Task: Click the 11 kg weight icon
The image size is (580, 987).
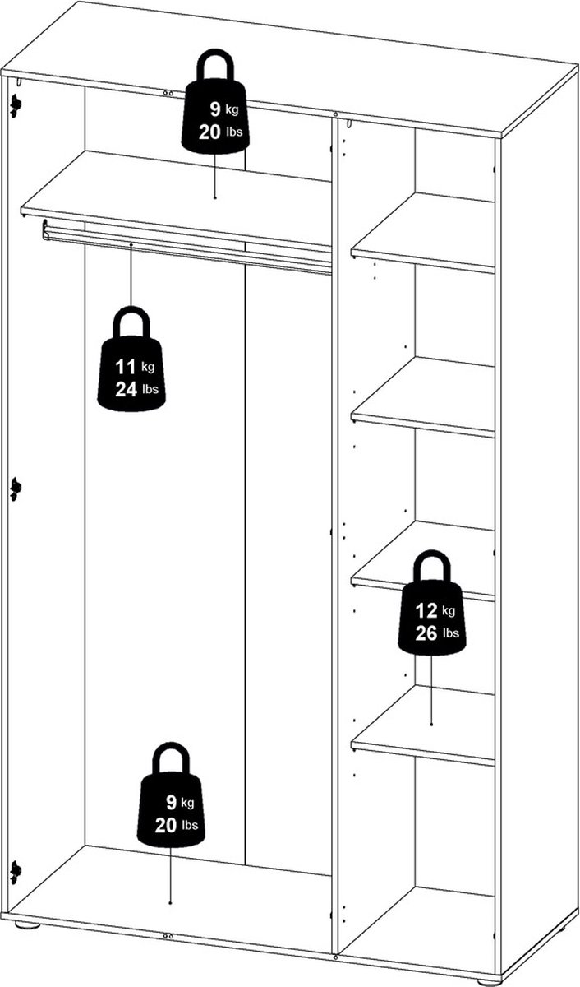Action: click(x=131, y=359)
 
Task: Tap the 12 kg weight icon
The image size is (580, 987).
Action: click(x=431, y=603)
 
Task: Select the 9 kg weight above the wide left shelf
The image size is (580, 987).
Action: click(x=215, y=101)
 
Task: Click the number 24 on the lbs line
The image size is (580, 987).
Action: click(x=126, y=390)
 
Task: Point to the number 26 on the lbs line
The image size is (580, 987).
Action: click(x=426, y=633)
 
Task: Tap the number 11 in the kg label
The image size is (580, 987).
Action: click(x=125, y=367)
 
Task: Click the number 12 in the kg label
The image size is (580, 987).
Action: click(x=426, y=610)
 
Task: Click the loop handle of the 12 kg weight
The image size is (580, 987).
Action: click(x=431, y=567)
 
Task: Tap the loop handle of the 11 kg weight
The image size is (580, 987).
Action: click(x=131, y=323)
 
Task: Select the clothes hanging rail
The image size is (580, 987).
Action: click(x=187, y=248)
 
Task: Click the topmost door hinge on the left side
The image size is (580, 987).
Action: click(x=16, y=106)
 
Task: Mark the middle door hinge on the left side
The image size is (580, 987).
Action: click(x=16, y=489)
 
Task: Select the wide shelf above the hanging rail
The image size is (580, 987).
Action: click(x=176, y=198)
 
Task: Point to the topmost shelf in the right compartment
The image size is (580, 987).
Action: click(x=423, y=233)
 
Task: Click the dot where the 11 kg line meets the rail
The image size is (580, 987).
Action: click(x=131, y=243)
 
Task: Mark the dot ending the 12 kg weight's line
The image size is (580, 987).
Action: click(x=431, y=725)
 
